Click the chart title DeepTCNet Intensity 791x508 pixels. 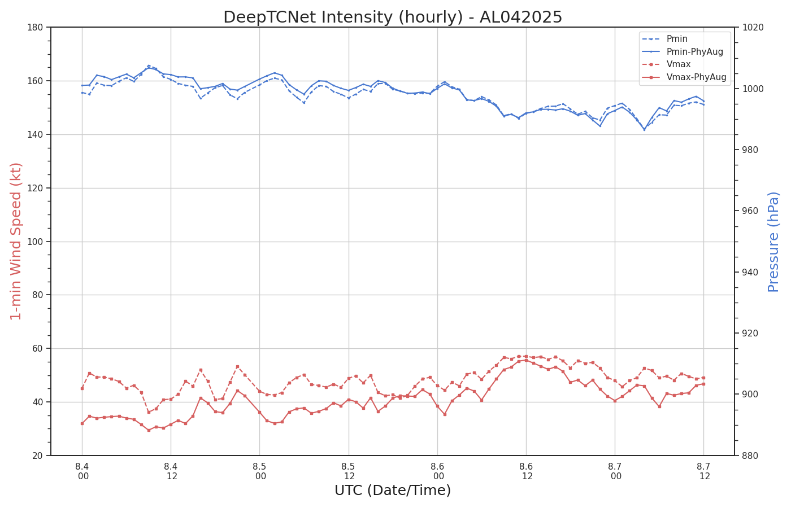coord(393,17)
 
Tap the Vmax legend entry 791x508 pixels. coord(679,64)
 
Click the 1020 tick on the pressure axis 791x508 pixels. coord(751,27)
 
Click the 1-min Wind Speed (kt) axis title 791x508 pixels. coord(16,241)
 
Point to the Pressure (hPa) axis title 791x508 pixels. coord(773,242)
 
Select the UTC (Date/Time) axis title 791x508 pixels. coord(393,491)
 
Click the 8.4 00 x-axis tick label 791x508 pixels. coord(82,471)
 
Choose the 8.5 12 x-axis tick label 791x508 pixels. coord(349,471)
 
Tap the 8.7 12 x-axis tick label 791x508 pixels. coord(704,471)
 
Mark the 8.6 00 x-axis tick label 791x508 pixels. coord(438,471)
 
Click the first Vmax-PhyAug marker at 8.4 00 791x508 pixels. coord(82,423)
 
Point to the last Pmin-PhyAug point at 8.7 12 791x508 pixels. coord(703,101)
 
